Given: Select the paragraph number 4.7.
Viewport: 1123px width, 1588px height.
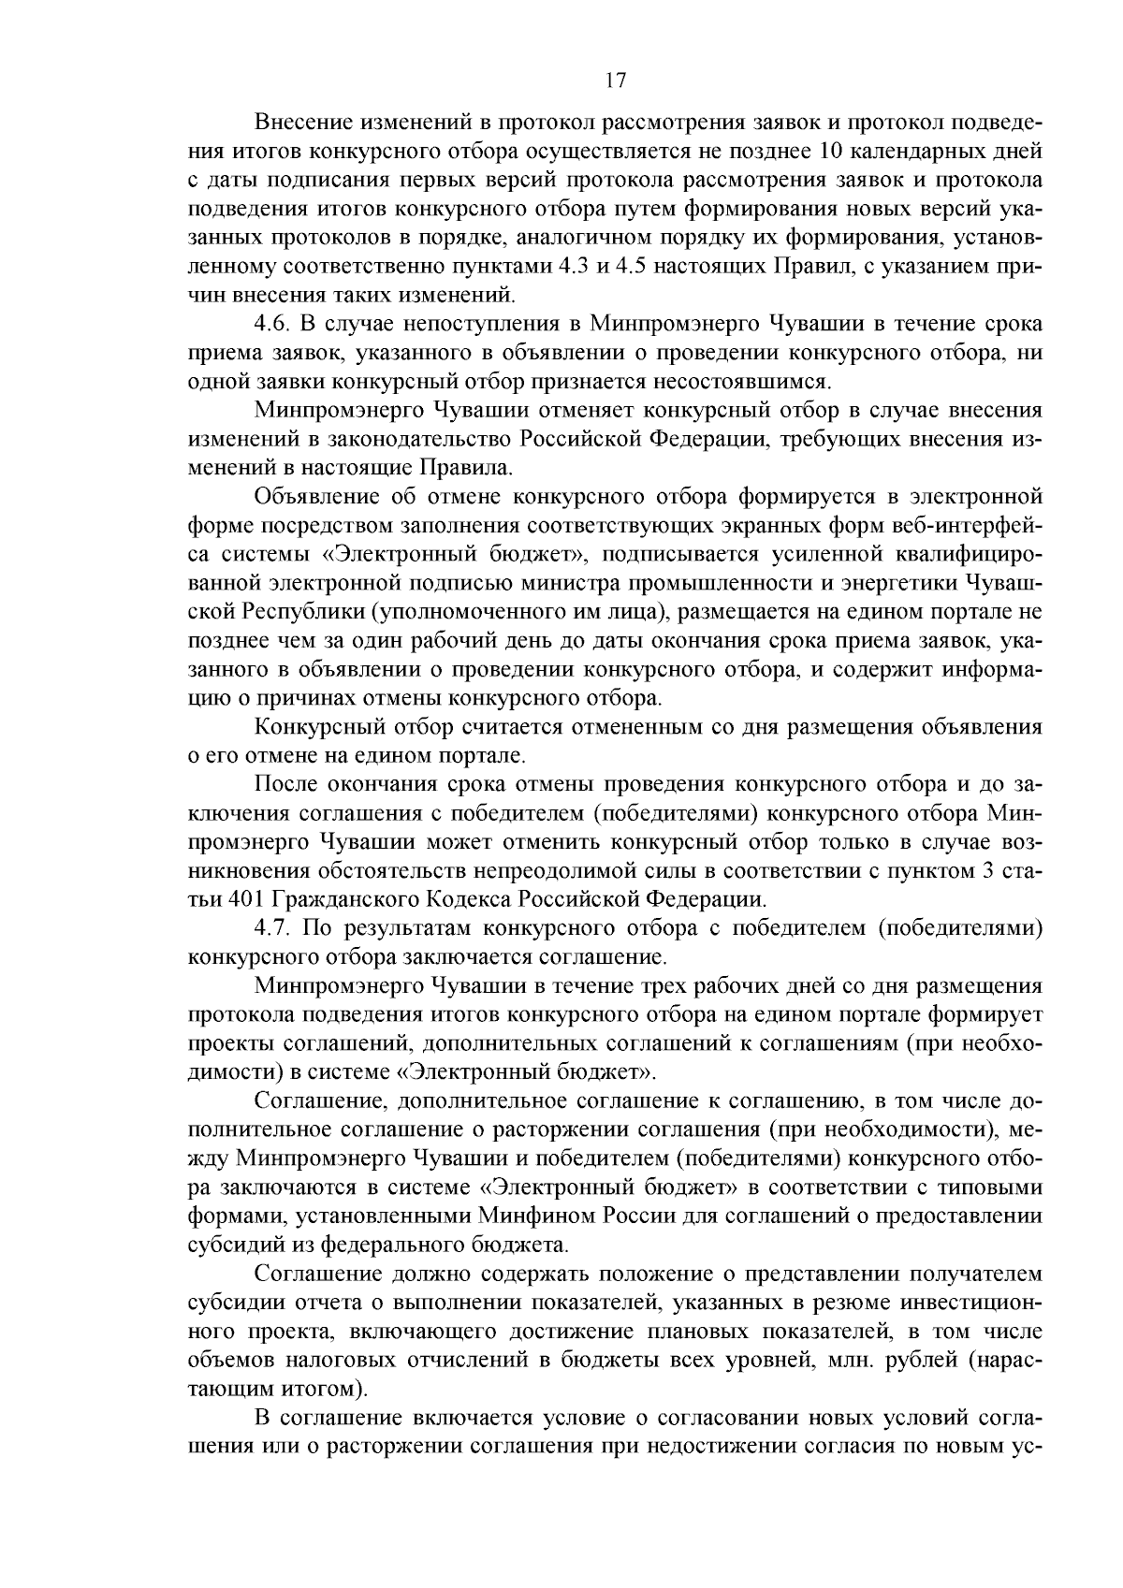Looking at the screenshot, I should [x=273, y=927].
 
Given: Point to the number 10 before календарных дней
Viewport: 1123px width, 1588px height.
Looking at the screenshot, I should [x=831, y=151].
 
